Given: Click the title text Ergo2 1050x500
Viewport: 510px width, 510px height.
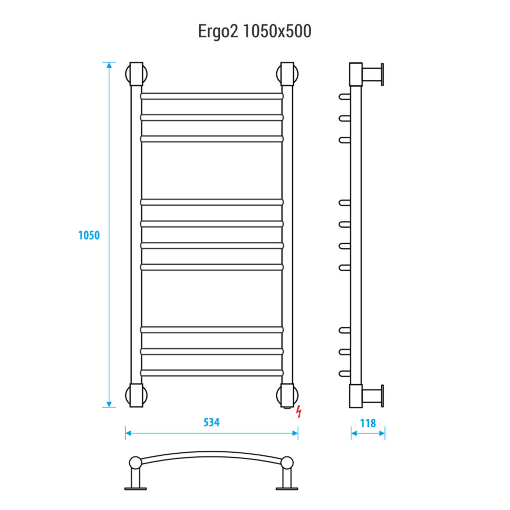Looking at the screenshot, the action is click(x=255, y=32).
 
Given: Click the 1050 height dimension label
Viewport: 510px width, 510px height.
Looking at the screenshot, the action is click(x=89, y=235).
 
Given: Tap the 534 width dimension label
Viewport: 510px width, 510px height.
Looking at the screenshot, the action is click(x=211, y=422).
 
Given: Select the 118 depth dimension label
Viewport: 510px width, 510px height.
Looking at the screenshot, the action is click(x=368, y=423).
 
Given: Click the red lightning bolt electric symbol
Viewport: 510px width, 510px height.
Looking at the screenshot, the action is click(x=299, y=411).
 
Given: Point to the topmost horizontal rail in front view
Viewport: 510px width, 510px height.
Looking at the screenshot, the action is click(x=212, y=96).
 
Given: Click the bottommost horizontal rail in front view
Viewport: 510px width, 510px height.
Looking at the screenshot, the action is click(x=212, y=373).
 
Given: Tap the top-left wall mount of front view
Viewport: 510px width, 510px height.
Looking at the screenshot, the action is click(x=136, y=74).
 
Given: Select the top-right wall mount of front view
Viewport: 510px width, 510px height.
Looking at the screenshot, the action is click(x=287, y=74).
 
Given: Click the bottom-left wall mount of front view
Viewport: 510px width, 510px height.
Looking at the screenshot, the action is click(x=136, y=395).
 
